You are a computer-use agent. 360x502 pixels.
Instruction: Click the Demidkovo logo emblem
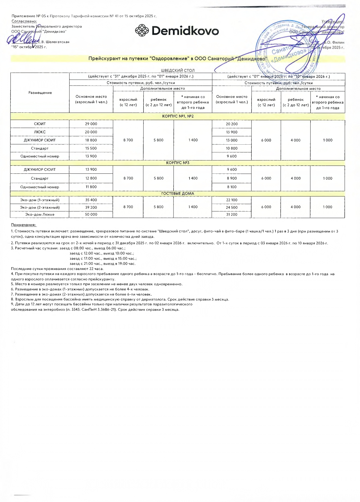[142, 31]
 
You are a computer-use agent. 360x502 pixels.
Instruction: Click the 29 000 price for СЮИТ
[91, 124]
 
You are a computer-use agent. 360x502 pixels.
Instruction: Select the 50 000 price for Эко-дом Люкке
[91, 215]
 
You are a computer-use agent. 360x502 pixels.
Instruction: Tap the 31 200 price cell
[232, 215]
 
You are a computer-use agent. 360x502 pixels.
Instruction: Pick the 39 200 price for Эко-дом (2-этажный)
[91, 207]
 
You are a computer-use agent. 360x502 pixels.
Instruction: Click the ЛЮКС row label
[40, 132]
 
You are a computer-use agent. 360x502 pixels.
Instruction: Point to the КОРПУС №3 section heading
[178, 163]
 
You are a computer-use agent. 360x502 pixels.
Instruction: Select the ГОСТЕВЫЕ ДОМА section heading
[178, 194]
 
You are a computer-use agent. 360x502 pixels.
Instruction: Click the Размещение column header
[40, 93]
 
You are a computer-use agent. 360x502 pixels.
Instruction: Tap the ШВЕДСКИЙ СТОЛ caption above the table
[178, 70]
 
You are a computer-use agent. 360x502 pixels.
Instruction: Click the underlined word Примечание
[24, 225]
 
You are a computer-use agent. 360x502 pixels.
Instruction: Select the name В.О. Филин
[334, 42]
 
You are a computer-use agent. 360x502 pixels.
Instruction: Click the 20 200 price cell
[232, 124]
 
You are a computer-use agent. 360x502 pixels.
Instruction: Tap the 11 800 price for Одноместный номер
[91, 187]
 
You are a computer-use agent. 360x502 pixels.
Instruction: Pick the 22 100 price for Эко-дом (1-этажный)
[232, 200]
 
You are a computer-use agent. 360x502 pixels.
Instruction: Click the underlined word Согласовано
[24, 21]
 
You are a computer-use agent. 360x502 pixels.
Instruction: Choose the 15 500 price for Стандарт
[91, 148]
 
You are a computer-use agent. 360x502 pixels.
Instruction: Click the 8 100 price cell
[232, 187]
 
